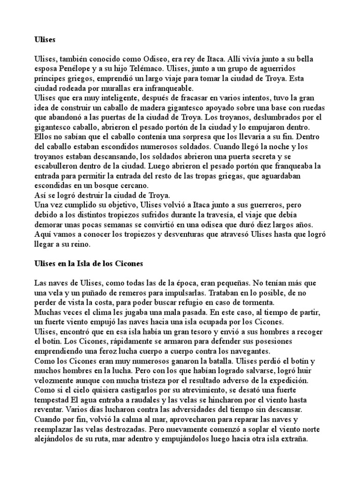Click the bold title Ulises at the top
tap(45, 40)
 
